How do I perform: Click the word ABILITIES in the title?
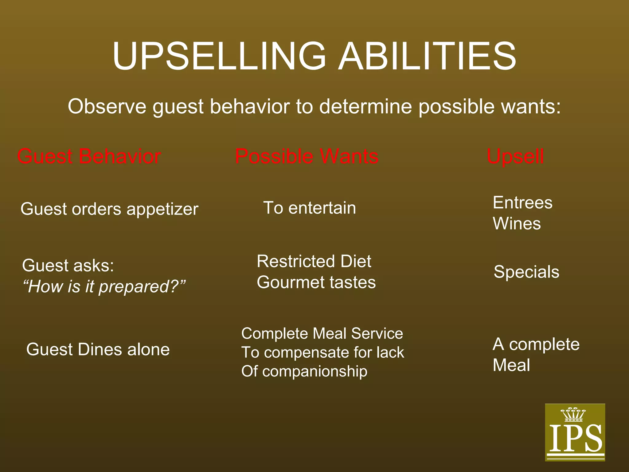pos(427,56)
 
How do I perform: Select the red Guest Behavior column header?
pos(89,156)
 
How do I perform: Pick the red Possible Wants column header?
pos(307,156)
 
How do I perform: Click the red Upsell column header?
pos(515,156)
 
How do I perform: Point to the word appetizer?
pos(162,210)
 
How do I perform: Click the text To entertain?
pos(310,208)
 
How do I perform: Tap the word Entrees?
pos(522,203)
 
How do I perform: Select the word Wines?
pos(517,223)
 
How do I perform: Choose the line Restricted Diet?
pos(314,262)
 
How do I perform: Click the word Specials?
pos(526,272)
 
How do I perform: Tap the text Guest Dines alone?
pos(98,349)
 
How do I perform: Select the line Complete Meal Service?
pos(322,333)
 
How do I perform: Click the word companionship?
pos(315,371)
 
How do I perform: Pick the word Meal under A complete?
pos(511,365)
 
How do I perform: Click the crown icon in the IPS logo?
pos(573,415)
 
